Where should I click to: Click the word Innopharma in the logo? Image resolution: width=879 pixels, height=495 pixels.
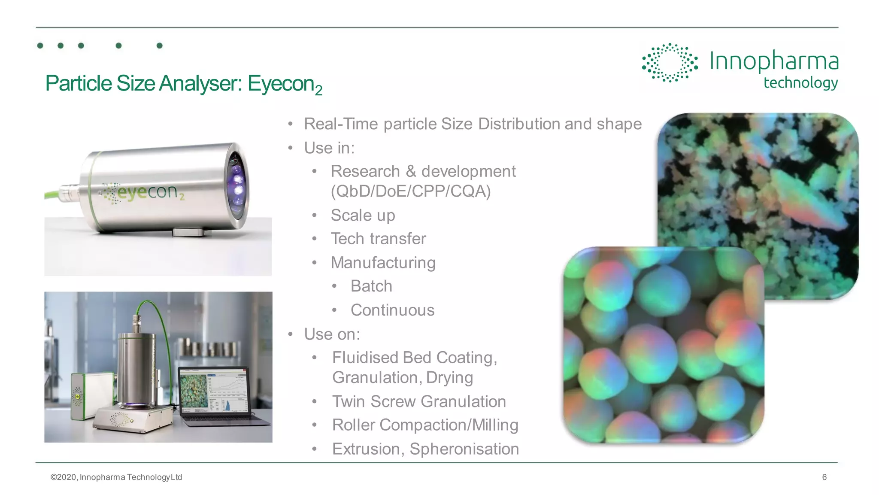coord(773,61)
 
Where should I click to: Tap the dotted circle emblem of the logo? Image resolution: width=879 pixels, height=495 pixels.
coord(670,63)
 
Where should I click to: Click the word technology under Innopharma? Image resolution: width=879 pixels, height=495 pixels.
coord(800,83)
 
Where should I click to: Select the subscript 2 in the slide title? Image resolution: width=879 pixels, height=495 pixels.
coord(318,91)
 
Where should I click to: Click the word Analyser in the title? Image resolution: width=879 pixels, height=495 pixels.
coord(200,83)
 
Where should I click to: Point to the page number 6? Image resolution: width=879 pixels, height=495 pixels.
coord(824,477)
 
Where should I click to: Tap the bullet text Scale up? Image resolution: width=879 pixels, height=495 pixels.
coord(363,215)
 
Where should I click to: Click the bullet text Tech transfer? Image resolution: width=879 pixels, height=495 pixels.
coord(378,239)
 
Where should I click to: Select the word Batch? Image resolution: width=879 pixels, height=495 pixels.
coord(371,286)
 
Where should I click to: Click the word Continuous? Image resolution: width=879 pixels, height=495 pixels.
coord(392,310)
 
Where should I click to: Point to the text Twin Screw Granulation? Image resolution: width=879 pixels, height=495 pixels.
coord(419,401)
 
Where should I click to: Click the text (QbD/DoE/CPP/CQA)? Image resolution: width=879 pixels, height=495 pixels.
coord(410,191)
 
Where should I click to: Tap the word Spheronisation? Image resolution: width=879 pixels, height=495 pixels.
coord(464,449)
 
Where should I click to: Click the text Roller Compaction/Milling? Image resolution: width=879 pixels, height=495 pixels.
coord(425,425)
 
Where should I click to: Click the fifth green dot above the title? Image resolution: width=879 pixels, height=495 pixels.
coord(160,46)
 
